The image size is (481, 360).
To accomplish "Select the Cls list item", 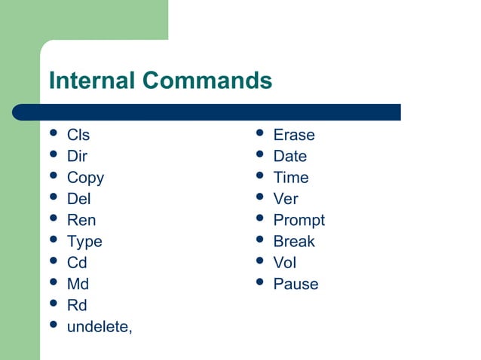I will click(x=78, y=136).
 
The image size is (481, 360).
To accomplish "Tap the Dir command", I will click(x=77, y=157).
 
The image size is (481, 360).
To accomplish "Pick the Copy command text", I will click(x=85, y=178).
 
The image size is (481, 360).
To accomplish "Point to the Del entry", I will click(x=78, y=199).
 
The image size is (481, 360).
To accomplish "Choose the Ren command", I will click(x=81, y=221).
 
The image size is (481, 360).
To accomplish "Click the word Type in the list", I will click(x=84, y=242).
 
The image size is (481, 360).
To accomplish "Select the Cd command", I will click(x=77, y=263).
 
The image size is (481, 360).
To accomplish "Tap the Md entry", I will click(x=78, y=284).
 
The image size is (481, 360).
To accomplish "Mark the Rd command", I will click(x=77, y=305).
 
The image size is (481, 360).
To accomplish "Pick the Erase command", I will click(x=294, y=136).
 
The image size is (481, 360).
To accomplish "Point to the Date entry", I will click(x=290, y=157).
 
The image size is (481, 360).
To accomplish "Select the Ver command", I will click(x=286, y=199).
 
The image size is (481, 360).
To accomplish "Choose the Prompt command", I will click(x=299, y=221).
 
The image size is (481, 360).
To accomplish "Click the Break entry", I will click(x=294, y=242).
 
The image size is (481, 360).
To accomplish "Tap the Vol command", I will click(x=285, y=263).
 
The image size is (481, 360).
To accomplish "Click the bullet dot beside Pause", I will click(x=259, y=283).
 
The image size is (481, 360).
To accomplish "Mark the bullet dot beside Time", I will click(x=259, y=177).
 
